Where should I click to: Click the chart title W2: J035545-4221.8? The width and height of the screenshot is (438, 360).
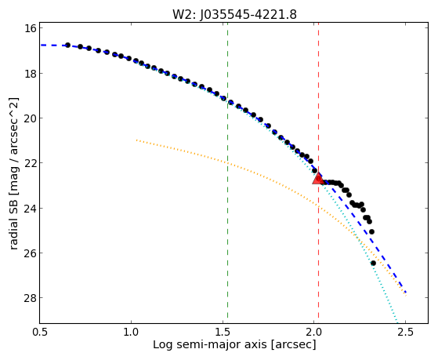click(234, 14)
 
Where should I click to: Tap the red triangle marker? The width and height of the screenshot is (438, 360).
click(318, 179)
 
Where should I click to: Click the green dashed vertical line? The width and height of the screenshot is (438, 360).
click(228, 173)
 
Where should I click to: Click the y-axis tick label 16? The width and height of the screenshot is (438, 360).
click(30, 28)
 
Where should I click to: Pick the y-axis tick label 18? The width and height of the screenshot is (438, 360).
click(30, 73)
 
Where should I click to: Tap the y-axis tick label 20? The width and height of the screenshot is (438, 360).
click(30, 118)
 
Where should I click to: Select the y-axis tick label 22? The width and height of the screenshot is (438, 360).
click(30, 163)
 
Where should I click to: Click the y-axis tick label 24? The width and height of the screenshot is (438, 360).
click(30, 208)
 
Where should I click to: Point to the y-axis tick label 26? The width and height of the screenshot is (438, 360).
click(30, 253)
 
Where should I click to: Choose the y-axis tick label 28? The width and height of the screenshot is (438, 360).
click(30, 298)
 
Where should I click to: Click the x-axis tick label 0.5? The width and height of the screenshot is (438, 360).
click(40, 332)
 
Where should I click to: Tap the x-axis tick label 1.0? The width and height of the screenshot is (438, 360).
click(131, 332)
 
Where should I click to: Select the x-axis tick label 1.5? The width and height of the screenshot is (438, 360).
click(223, 332)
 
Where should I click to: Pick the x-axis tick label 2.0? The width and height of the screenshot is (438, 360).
click(314, 332)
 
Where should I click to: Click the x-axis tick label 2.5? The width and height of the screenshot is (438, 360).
click(405, 332)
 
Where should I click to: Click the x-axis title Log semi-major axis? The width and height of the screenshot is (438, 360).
click(210, 345)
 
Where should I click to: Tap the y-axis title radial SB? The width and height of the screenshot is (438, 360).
click(14, 224)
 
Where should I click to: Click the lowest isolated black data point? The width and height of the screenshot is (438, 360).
click(373, 263)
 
